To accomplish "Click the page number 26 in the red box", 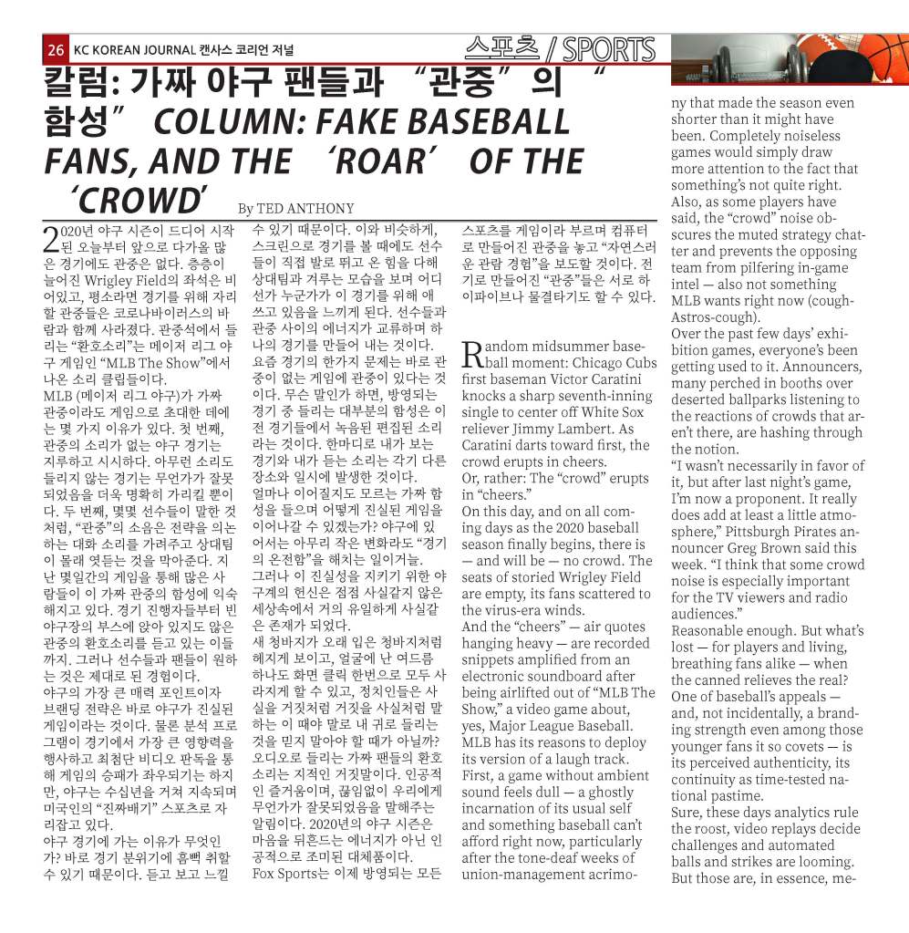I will point(56,49).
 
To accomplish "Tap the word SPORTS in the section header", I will point(609,49).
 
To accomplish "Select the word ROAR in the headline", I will point(387,161).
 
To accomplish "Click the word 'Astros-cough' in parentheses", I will point(713,317).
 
